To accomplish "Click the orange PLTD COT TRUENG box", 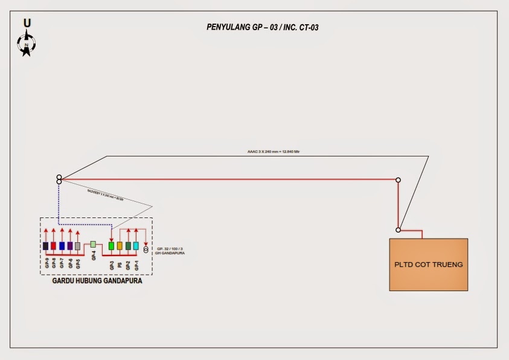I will (x=428, y=265).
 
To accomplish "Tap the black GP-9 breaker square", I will (x=45, y=246).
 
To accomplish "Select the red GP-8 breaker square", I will (x=54, y=246).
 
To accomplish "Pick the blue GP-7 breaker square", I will (x=62, y=246).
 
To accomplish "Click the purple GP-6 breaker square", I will (x=70, y=246).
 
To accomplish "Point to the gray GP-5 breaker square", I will (x=78, y=246).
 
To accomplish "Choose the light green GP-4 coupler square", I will (x=94, y=244).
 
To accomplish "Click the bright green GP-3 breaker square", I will (x=111, y=246).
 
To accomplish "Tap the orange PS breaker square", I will (x=120, y=246).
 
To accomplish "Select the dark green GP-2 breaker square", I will (x=128, y=246).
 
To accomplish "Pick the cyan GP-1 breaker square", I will (x=136, y=246).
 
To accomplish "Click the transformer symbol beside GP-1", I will (x=146, y=249).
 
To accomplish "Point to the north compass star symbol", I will (x=27, y=45).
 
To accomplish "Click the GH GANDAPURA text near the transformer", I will (x=171, y=252).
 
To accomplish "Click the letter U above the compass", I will (x=27, y=23).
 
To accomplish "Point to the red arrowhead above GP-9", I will (x=45, y=230).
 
